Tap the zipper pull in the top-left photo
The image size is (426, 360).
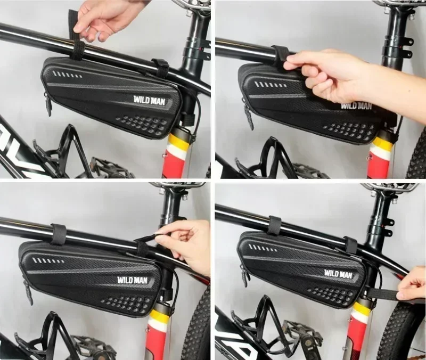pyautogui.click(x=48, y=104)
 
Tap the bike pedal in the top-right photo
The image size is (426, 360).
pyautogui.click(x=309, y=170)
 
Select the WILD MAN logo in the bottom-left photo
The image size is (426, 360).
pyautogui.click(x=133, y=279)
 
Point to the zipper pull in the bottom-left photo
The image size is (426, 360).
pyautogui.click(x=28, y=290)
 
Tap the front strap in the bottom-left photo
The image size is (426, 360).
pyautogui.click(x=58, y=234)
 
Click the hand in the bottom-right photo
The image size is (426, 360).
pyautogui.click(x=413, y=285)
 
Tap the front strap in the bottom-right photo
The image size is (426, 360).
pyautogui.click(x=274, y=225)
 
